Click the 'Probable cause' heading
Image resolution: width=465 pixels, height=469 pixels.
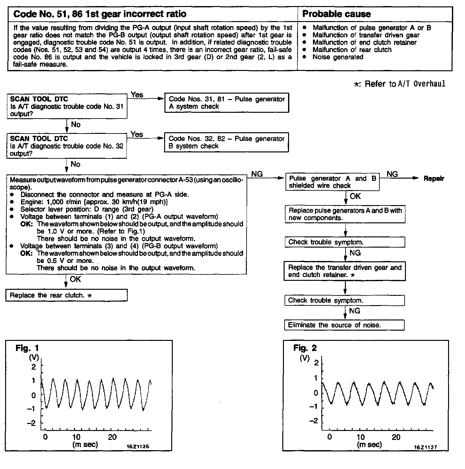pyautogui.click(x=336, y=14)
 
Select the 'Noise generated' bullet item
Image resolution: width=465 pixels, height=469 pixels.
pyautogui.click(x=338, y=57)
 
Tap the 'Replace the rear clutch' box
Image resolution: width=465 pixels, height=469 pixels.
pyautogui.click(x=66, y=295)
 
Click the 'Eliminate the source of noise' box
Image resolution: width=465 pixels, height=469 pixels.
pyautogui.click(x=344, y=325)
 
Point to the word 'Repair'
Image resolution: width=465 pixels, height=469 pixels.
pyautogui.click(x=434, y=179)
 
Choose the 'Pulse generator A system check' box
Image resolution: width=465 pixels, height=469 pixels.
pyautogui.click(x=226, y=103)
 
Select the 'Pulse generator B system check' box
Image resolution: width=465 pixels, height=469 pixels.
pyautogui.click(x=226, y=142)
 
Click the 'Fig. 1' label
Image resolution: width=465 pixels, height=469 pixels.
pyautogui.click(x=27, y=348)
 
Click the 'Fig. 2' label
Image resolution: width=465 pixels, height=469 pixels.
pyautogui.click(x=305, y=348)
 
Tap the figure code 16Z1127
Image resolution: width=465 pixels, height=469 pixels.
pyautogui.click(x=425, y=447)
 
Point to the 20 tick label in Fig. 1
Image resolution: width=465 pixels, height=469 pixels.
pyautogui.click(x=112, y=437)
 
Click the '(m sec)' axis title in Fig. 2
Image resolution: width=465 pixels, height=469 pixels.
pyautogui.click(x=370, y=444)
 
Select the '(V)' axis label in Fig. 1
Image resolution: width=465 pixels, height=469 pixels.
pyautogui.click(x=34, y=358)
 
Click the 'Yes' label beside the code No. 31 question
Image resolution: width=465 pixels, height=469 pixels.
pyautogui.click(x=137, y=95)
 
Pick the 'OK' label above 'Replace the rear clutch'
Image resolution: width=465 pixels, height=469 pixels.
pyautogui.click(x=75, y=279)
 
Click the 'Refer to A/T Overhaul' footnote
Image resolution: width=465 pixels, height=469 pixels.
pyautogui.click(x=399, y=84)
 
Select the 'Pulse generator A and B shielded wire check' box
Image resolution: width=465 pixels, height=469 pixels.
pyautogui.click(x=332, y=182)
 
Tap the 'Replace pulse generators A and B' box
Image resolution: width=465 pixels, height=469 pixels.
pyautogui.click(x=345, y=214)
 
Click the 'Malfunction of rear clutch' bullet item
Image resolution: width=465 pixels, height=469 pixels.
pyautogui.click(x=352, y=50)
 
